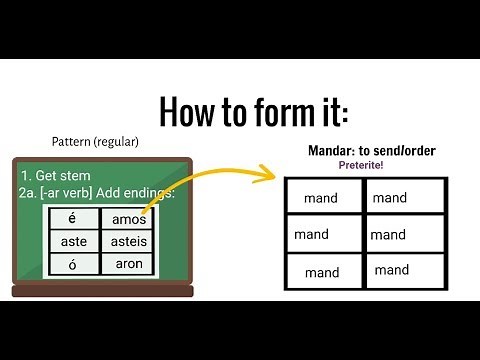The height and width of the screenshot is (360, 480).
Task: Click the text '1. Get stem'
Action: coord(51,175)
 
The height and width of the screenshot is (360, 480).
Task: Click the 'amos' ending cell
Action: coord(129,219)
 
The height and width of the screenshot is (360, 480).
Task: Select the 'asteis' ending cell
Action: coord(129,242)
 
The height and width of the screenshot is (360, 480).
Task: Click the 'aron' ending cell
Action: coord(129,264)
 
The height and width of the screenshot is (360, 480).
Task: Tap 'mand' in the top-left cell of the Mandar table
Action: coord(321,198)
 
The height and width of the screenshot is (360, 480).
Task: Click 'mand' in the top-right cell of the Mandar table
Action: coord(390,198)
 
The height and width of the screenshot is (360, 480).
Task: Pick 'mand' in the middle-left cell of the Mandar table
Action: coord(312,235)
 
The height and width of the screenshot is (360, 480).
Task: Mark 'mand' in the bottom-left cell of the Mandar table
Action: coord(322,272)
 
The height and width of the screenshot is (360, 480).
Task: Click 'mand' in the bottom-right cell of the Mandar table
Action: coord(391,270)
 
